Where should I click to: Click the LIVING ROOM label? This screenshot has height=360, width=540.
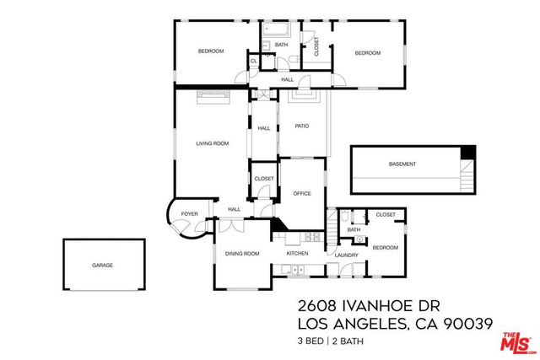[213, 143]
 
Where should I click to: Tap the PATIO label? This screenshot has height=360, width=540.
[301, 126]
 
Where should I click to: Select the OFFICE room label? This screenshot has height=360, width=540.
[301, 193]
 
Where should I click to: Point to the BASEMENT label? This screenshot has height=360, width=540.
[402, 164]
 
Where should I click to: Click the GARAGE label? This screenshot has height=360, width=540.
[102, 265]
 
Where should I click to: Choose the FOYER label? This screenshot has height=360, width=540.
[190, 214]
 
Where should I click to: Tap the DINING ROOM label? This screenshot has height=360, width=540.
[241, 253]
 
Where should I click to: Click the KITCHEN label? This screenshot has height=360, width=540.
[296, 253]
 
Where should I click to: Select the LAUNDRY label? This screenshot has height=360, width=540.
[347, 255]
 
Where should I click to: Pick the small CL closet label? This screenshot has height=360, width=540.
[253, 61]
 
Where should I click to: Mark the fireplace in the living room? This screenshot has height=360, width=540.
[213, 96]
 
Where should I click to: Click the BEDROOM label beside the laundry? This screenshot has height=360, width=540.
[385, 247]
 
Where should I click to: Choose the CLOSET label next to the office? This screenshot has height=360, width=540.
[264, 179]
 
